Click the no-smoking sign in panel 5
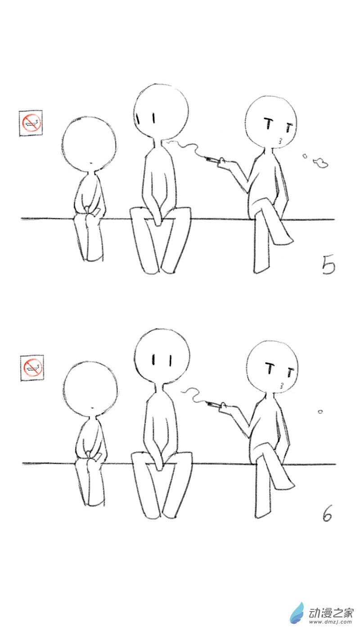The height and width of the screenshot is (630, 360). (x=31, y=122)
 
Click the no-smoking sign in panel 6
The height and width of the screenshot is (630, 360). (x=32, y=367)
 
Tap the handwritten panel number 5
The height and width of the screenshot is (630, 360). (x=328, y=265)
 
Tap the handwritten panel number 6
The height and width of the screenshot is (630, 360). (x=327, y=514)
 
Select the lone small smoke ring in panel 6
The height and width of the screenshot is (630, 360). (x=320, y=411)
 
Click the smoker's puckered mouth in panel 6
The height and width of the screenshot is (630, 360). (x=282, y=385)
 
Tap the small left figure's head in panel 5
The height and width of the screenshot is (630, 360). (x=89, y=144)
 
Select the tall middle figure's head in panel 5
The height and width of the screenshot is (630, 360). (x=161, y=110)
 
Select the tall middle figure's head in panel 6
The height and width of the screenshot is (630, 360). (x=162, y=355)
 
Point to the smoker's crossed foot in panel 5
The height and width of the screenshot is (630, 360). (x=283, y=238)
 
